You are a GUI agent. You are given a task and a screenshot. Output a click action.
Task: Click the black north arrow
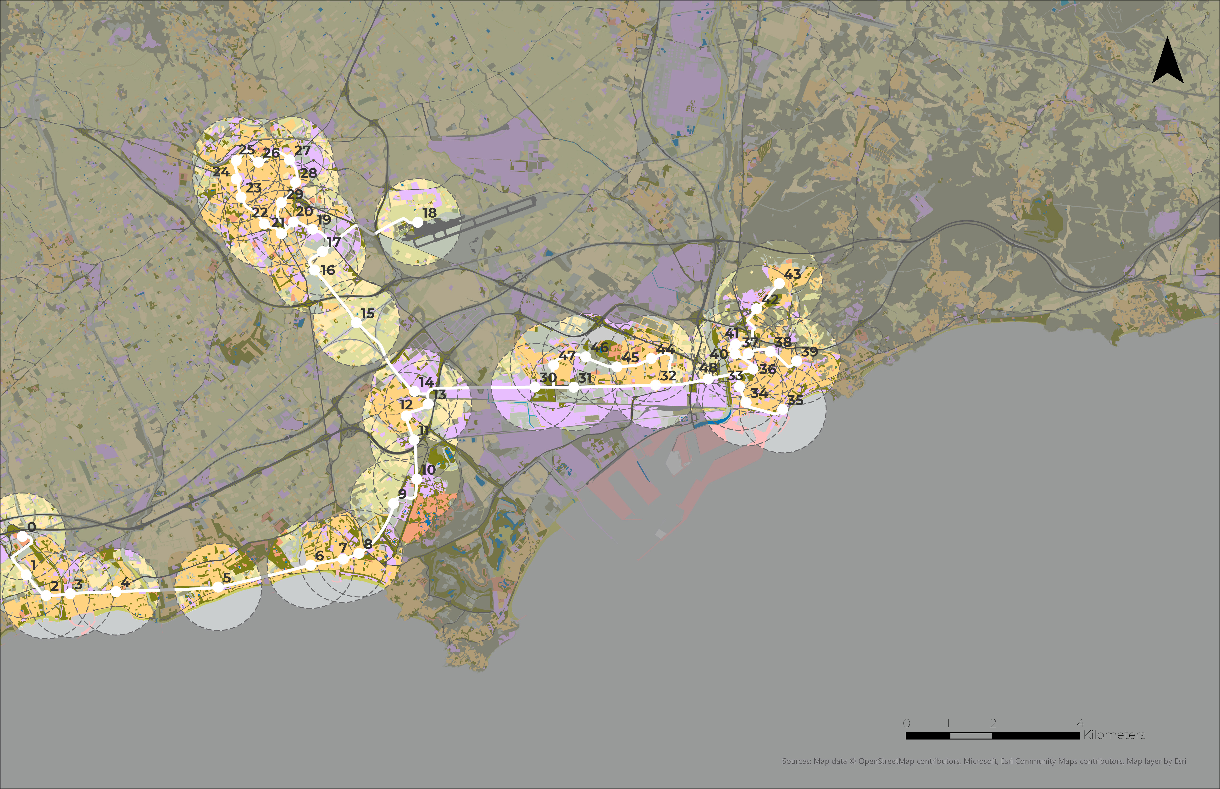coord(1168,61)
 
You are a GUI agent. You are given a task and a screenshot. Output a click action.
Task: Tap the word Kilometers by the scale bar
coord(1114,735)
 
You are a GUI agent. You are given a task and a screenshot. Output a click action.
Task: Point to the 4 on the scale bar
coord(1080,723)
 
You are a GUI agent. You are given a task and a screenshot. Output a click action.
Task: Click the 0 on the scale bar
coord(906,723)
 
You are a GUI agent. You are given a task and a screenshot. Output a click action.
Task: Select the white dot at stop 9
coord(393,504)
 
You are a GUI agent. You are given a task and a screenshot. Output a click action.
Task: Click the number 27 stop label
coord(302,150)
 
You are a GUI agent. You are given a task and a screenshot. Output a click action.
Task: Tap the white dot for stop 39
coord(796,361)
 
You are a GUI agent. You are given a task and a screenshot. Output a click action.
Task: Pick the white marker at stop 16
coord(314,269)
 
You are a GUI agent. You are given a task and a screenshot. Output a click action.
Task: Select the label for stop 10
coord(428,469)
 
